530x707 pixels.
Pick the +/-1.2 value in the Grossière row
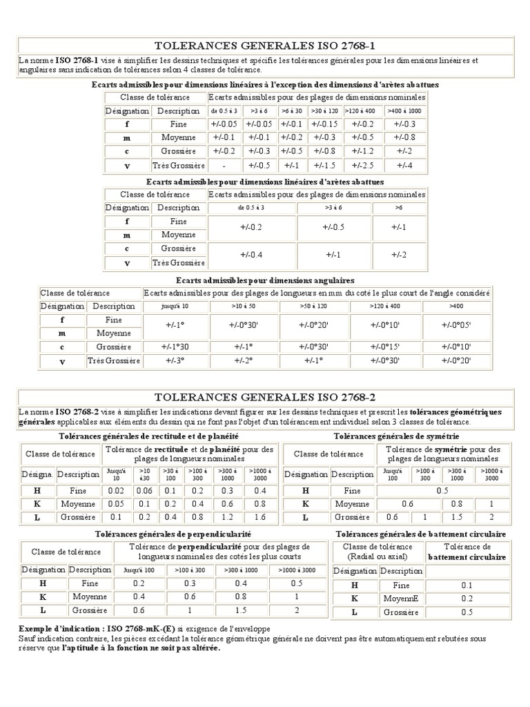363,151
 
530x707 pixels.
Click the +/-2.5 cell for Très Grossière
363,165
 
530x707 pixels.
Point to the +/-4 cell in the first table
404,165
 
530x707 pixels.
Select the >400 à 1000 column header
404,110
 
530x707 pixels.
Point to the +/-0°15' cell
385,347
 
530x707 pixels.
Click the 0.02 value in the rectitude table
116,490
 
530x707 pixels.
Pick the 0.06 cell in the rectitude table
144,490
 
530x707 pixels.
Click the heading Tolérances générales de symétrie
396,436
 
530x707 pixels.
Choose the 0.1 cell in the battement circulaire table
466,585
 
